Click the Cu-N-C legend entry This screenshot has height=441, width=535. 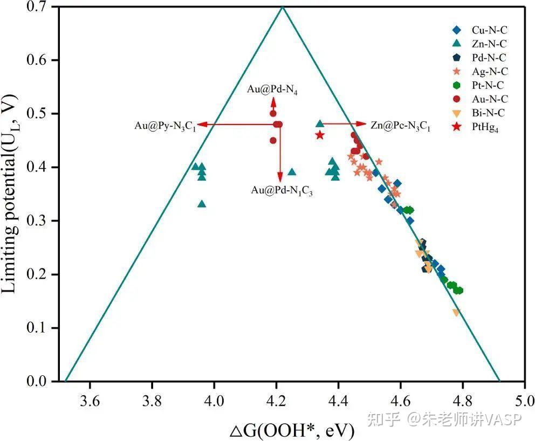point(479,30)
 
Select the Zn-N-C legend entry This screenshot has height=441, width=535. point(479,44)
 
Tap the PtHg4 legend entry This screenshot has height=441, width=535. point(479,128)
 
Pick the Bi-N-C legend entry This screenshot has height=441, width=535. point(479,113)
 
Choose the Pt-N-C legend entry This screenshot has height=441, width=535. point(479,85)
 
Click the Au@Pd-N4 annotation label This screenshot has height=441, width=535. point(273,89)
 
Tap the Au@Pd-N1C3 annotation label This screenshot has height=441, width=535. point(282,190)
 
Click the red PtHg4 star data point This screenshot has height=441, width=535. point(320,135)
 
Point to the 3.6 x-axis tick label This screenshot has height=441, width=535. point(90,402)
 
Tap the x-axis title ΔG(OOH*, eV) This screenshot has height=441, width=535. point(292,430)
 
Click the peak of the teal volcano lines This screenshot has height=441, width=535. point(282,6)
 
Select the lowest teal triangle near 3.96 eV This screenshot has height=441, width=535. point(202,203)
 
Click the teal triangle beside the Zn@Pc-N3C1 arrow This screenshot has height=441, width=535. point(320,124)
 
